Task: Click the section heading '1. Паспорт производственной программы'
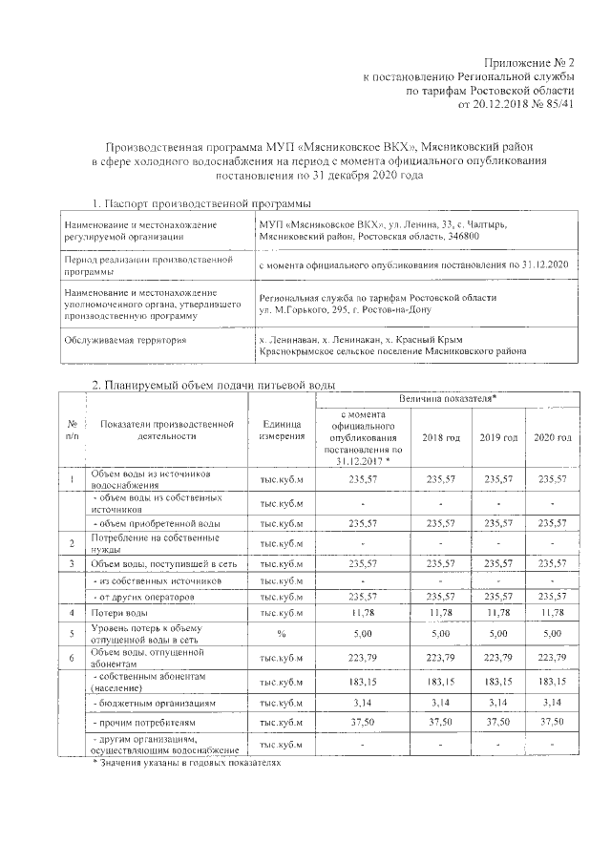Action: (x=201, y=204)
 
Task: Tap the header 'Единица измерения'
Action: (x=282, y=431)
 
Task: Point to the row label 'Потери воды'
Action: (x=119, y=611)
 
